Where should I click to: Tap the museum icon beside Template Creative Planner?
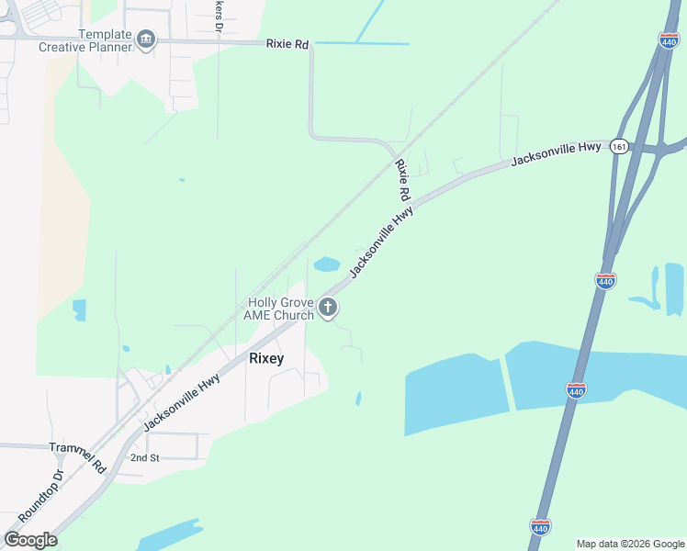[x=146, y=39]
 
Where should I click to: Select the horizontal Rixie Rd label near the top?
[x=287, y=43]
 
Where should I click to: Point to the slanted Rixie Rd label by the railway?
[x=402, y=181]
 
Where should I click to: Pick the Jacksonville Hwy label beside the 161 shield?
[x=557, y=153]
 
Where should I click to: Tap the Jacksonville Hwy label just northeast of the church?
[x=381, y=241]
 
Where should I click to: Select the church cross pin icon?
[x=329, y=309]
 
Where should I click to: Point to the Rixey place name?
[x=266, y=358]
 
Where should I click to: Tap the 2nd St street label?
[x=145, y=456]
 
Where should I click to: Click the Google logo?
[x=30, y=540]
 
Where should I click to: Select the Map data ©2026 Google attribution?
[x=630, y=544]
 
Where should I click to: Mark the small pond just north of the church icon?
[x=327, y=265]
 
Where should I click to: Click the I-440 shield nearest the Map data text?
[x=540, y=526]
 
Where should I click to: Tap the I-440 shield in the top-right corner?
[x=669, y=40]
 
